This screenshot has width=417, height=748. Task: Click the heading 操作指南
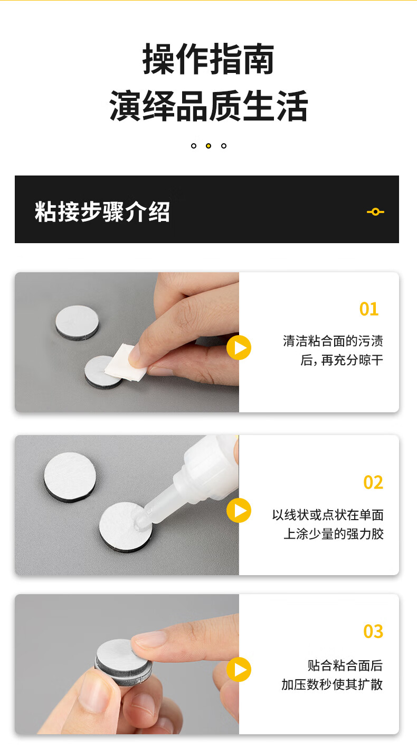click(209, 59)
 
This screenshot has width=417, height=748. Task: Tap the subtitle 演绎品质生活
click(209, 106)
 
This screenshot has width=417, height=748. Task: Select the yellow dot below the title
click(209, 146)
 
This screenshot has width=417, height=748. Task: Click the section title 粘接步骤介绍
click(102, 211)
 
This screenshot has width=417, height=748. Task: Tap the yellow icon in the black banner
click(375, 211)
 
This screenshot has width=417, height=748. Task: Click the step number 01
click(368, 309)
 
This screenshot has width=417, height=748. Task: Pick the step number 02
click(373, 482)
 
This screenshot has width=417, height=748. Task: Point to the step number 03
click(373, 632)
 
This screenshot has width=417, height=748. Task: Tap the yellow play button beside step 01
click(239, 348)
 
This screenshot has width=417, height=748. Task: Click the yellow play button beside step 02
click(239, 510)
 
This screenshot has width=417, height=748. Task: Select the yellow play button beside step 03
click(239, 670)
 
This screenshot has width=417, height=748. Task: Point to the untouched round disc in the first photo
click(77, 322)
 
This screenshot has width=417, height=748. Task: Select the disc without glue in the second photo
click(70, 477)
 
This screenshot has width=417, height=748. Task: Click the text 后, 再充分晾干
click(342, 361)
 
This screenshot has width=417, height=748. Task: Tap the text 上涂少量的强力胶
click(333, 534)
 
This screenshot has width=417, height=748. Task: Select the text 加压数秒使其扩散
click(332, 684)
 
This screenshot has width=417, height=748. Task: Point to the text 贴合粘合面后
click(345, 666)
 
